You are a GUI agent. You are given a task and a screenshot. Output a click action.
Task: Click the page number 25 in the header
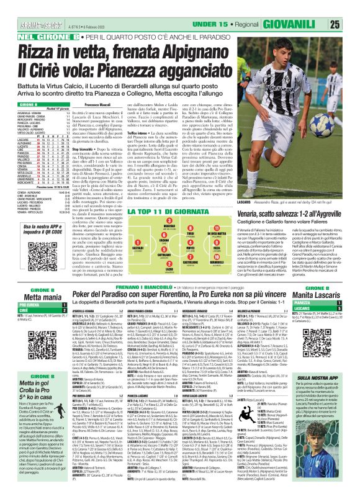351,7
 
